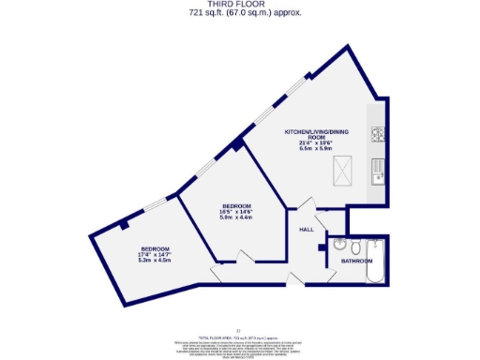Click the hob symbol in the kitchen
(x=378, y=134)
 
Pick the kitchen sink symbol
(x=377, y=171)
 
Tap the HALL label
(x=306, y=229)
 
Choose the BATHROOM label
(x=356, y=260)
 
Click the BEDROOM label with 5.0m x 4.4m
(x=236, y=205)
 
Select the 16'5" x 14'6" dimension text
(x=236, y=212)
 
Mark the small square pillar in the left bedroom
(x=124, y=225)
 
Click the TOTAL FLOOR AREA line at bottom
(x=239, y=335)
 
